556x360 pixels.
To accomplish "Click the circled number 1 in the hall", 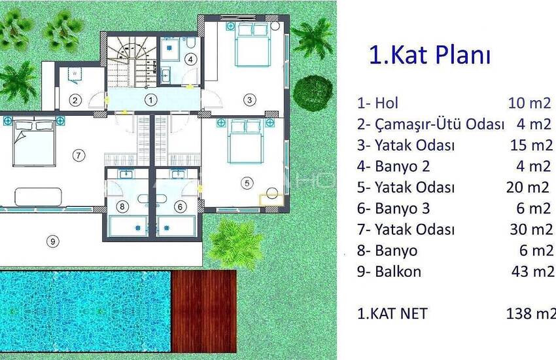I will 151,100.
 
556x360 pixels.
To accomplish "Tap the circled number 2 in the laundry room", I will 76,100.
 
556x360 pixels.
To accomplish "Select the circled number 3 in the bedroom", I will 249,100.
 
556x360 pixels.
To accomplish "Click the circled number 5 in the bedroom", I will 246,184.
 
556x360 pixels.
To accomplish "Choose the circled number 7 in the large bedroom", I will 78,155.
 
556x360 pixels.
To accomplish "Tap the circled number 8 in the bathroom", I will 123,206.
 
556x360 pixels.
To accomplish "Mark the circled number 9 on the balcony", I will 53,241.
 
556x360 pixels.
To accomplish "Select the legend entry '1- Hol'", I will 377,103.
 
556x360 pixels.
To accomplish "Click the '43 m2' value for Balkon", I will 529,272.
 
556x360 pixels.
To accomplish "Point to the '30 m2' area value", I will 529,230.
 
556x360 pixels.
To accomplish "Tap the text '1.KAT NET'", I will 392,314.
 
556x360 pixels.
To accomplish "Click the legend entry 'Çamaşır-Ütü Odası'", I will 430,124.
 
